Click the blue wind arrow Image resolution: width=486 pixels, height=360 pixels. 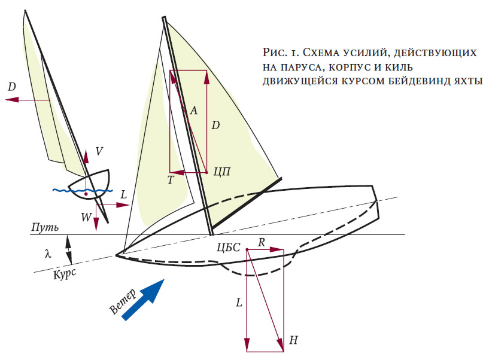pyautogui.click(x=143, y=299)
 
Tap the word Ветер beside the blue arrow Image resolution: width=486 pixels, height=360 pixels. pyautogui.click(x=123, y=302)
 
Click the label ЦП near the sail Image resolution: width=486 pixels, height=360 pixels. pyautogui.click(x=222, y=171)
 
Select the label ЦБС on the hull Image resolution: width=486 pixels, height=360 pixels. pyautogui.click(x=229, y=247)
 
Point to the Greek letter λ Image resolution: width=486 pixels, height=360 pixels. pyautogui.click(x=48, y=254)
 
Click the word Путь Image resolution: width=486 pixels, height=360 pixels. pyautogui.click(x=45, y=227)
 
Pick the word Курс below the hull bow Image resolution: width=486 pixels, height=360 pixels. pyautogui.click(x=65, y=274)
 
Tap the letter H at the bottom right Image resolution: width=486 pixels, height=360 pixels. pyautogui.click(x=293, y=340)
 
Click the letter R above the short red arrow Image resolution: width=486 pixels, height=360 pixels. pyautogui.click(x=262, y=242)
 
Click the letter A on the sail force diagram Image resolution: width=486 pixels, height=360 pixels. pyautogui.click(x=193, y=110)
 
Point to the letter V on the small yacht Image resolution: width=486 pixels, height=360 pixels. pyautogui.click(x=99, y=151)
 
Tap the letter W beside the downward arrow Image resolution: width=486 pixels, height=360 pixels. pyautogui.click(x=86, y=217)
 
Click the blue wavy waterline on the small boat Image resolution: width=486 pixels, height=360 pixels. pyautogui.click(x=83, y=190)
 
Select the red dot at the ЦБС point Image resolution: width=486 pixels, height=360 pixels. pyautogui.click(x=247, y=249)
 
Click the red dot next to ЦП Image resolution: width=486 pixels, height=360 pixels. pyautogui.click(x=206, y=172)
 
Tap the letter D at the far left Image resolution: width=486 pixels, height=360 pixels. pyautogui.click(x=12, y=87)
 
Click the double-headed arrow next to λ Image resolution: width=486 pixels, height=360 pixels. pyautogui.click(x=69, y=249)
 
